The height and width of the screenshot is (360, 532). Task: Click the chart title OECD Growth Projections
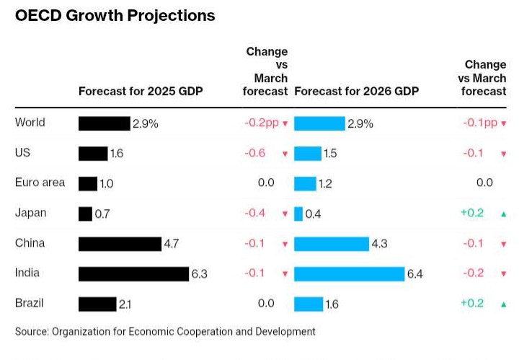(x=115, y=15)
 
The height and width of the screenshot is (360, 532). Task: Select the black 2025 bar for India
(x=133, y=273)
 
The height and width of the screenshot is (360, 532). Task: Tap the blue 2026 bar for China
(x=331, y=244)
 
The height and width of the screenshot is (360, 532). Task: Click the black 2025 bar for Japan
(x=85, y=214)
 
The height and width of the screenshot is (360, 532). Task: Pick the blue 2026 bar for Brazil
(x=308, y=304)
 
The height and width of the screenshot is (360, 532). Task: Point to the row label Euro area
(x=40, y=183)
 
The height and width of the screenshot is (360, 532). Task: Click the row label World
(x=30, y=123)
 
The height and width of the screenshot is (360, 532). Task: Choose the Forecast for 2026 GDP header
(x=357, y=92)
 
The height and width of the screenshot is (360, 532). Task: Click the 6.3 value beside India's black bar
(x=199, y=274)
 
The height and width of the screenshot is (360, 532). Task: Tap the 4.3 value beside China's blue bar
(x=379, y=244)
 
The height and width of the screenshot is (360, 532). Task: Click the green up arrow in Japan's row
(x=503, y=214)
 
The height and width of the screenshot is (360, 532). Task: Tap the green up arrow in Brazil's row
(x=503, y=304)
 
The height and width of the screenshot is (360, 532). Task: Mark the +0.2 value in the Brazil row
(x=474, y=303)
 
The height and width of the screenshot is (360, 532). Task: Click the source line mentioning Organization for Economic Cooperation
(x=165, y=332)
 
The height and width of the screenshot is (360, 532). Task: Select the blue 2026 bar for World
(x=319, y=123)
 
